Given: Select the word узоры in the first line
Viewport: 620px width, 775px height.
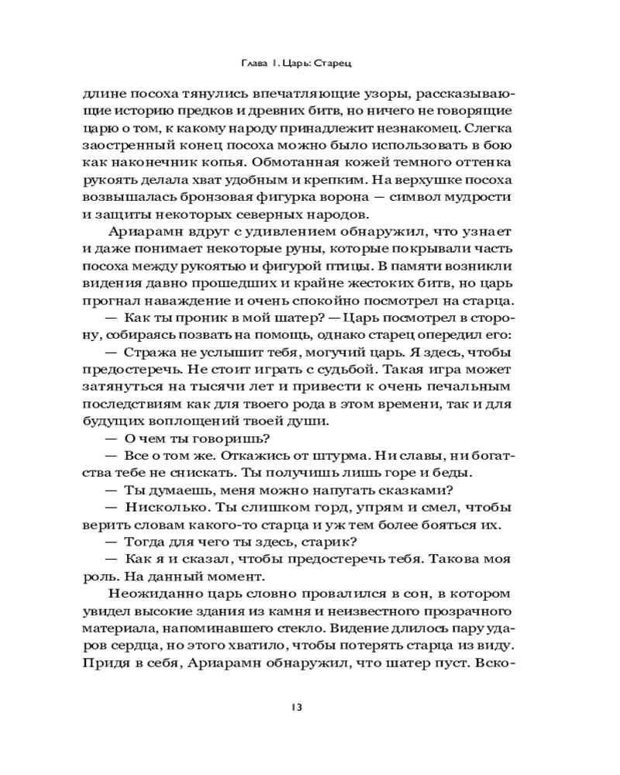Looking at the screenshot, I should [360, 94].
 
